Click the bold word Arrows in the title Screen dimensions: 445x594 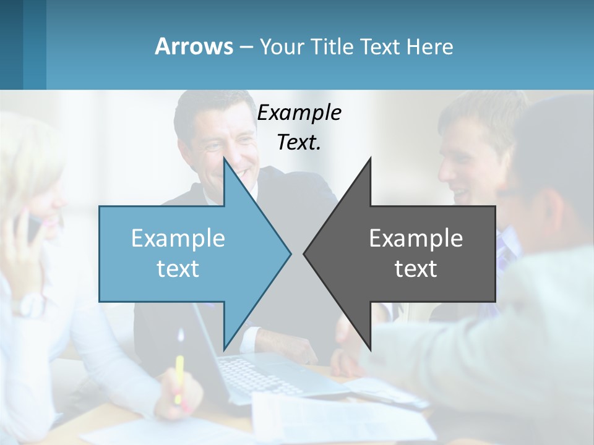coord(193,46)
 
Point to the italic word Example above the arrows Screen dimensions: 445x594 coord(299,113)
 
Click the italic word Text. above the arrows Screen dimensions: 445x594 coord(299,142)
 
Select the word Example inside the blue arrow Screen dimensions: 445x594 coord(178,238)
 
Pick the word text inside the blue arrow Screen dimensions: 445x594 coord(178,269)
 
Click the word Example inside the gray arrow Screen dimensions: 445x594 coord(416,238)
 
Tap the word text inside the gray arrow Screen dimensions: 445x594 coord(416,269)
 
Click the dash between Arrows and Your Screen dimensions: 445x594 coord(246,47)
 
